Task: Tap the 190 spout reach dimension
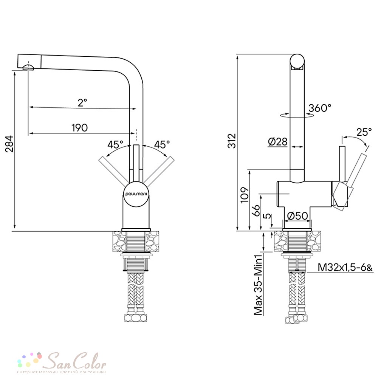(80, 127)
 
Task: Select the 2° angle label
(82, 102)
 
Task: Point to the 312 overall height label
(232, 141)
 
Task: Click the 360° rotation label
(320, 108)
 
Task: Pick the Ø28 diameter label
(278, 142)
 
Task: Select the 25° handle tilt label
(364, 132)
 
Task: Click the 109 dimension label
(245, 195)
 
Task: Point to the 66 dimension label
(256, 211)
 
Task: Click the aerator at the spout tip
(28, 68)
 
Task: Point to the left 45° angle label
(115, 144)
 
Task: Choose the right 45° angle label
(162, 144)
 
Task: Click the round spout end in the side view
(297, 61)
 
